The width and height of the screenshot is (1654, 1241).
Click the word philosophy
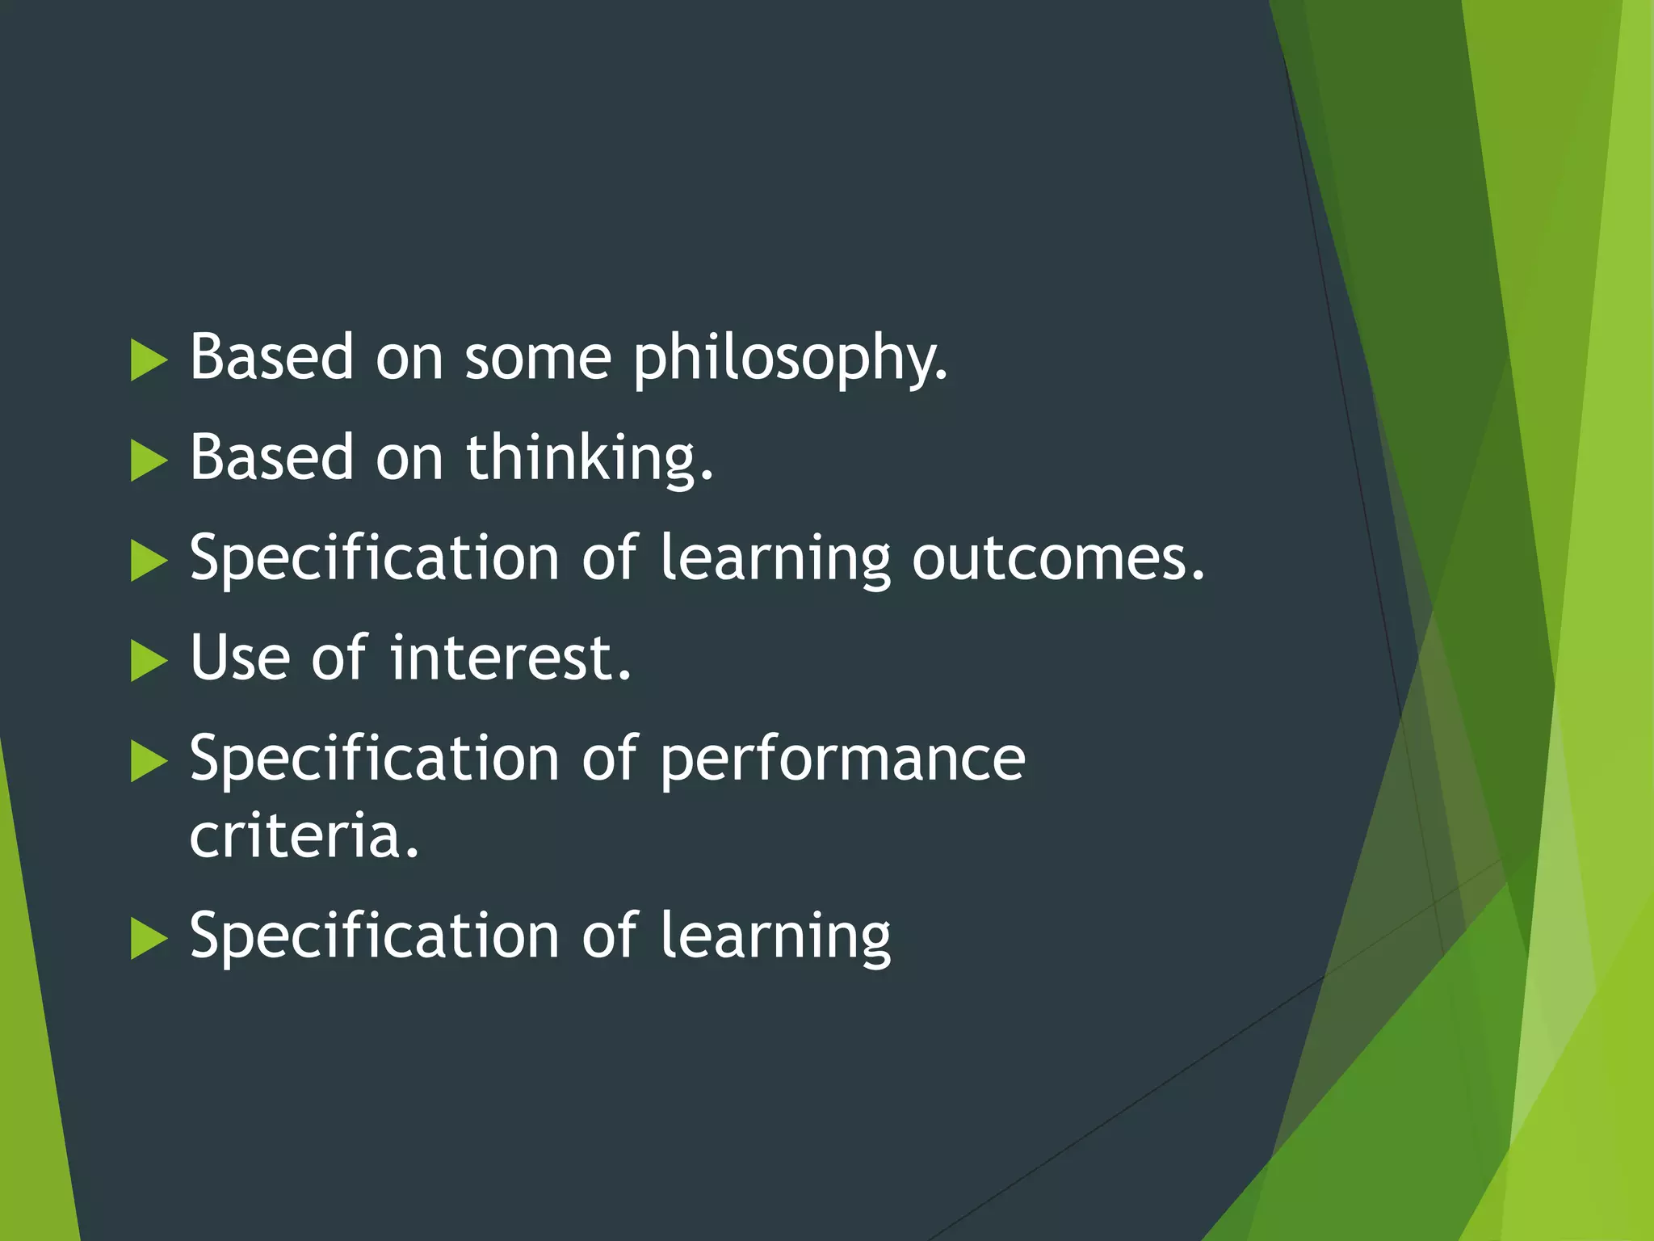click(790, 358)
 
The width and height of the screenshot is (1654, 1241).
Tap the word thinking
click(590, 458)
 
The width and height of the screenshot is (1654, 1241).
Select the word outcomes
click(1058, 558)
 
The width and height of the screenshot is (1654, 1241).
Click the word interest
click(510, 658)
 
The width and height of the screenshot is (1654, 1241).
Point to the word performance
click(842, 759)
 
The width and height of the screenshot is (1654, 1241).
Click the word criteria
click(304, 836)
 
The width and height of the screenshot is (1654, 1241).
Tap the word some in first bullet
click(537, 358)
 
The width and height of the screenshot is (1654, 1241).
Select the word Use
click(240, 658)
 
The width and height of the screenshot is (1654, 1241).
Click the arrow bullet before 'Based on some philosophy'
click(148, 360)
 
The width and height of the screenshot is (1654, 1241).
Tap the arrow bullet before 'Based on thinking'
click(148, 461)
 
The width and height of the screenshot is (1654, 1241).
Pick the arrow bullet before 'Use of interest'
click(148, 661)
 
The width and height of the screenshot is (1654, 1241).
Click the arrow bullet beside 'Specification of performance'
click(148, 761)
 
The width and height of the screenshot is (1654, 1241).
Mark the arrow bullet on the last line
click(148, 938)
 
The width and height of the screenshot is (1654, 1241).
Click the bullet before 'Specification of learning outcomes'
click(148, 561)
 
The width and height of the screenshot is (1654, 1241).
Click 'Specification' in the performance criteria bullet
click(374, 759)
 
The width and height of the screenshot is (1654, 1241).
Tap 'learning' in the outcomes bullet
click(775, 560)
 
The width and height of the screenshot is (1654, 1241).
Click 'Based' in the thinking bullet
click(271, 458)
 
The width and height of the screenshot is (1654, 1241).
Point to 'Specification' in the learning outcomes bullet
click(374, 558)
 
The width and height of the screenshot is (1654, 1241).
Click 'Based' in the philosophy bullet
click(271, 358)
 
